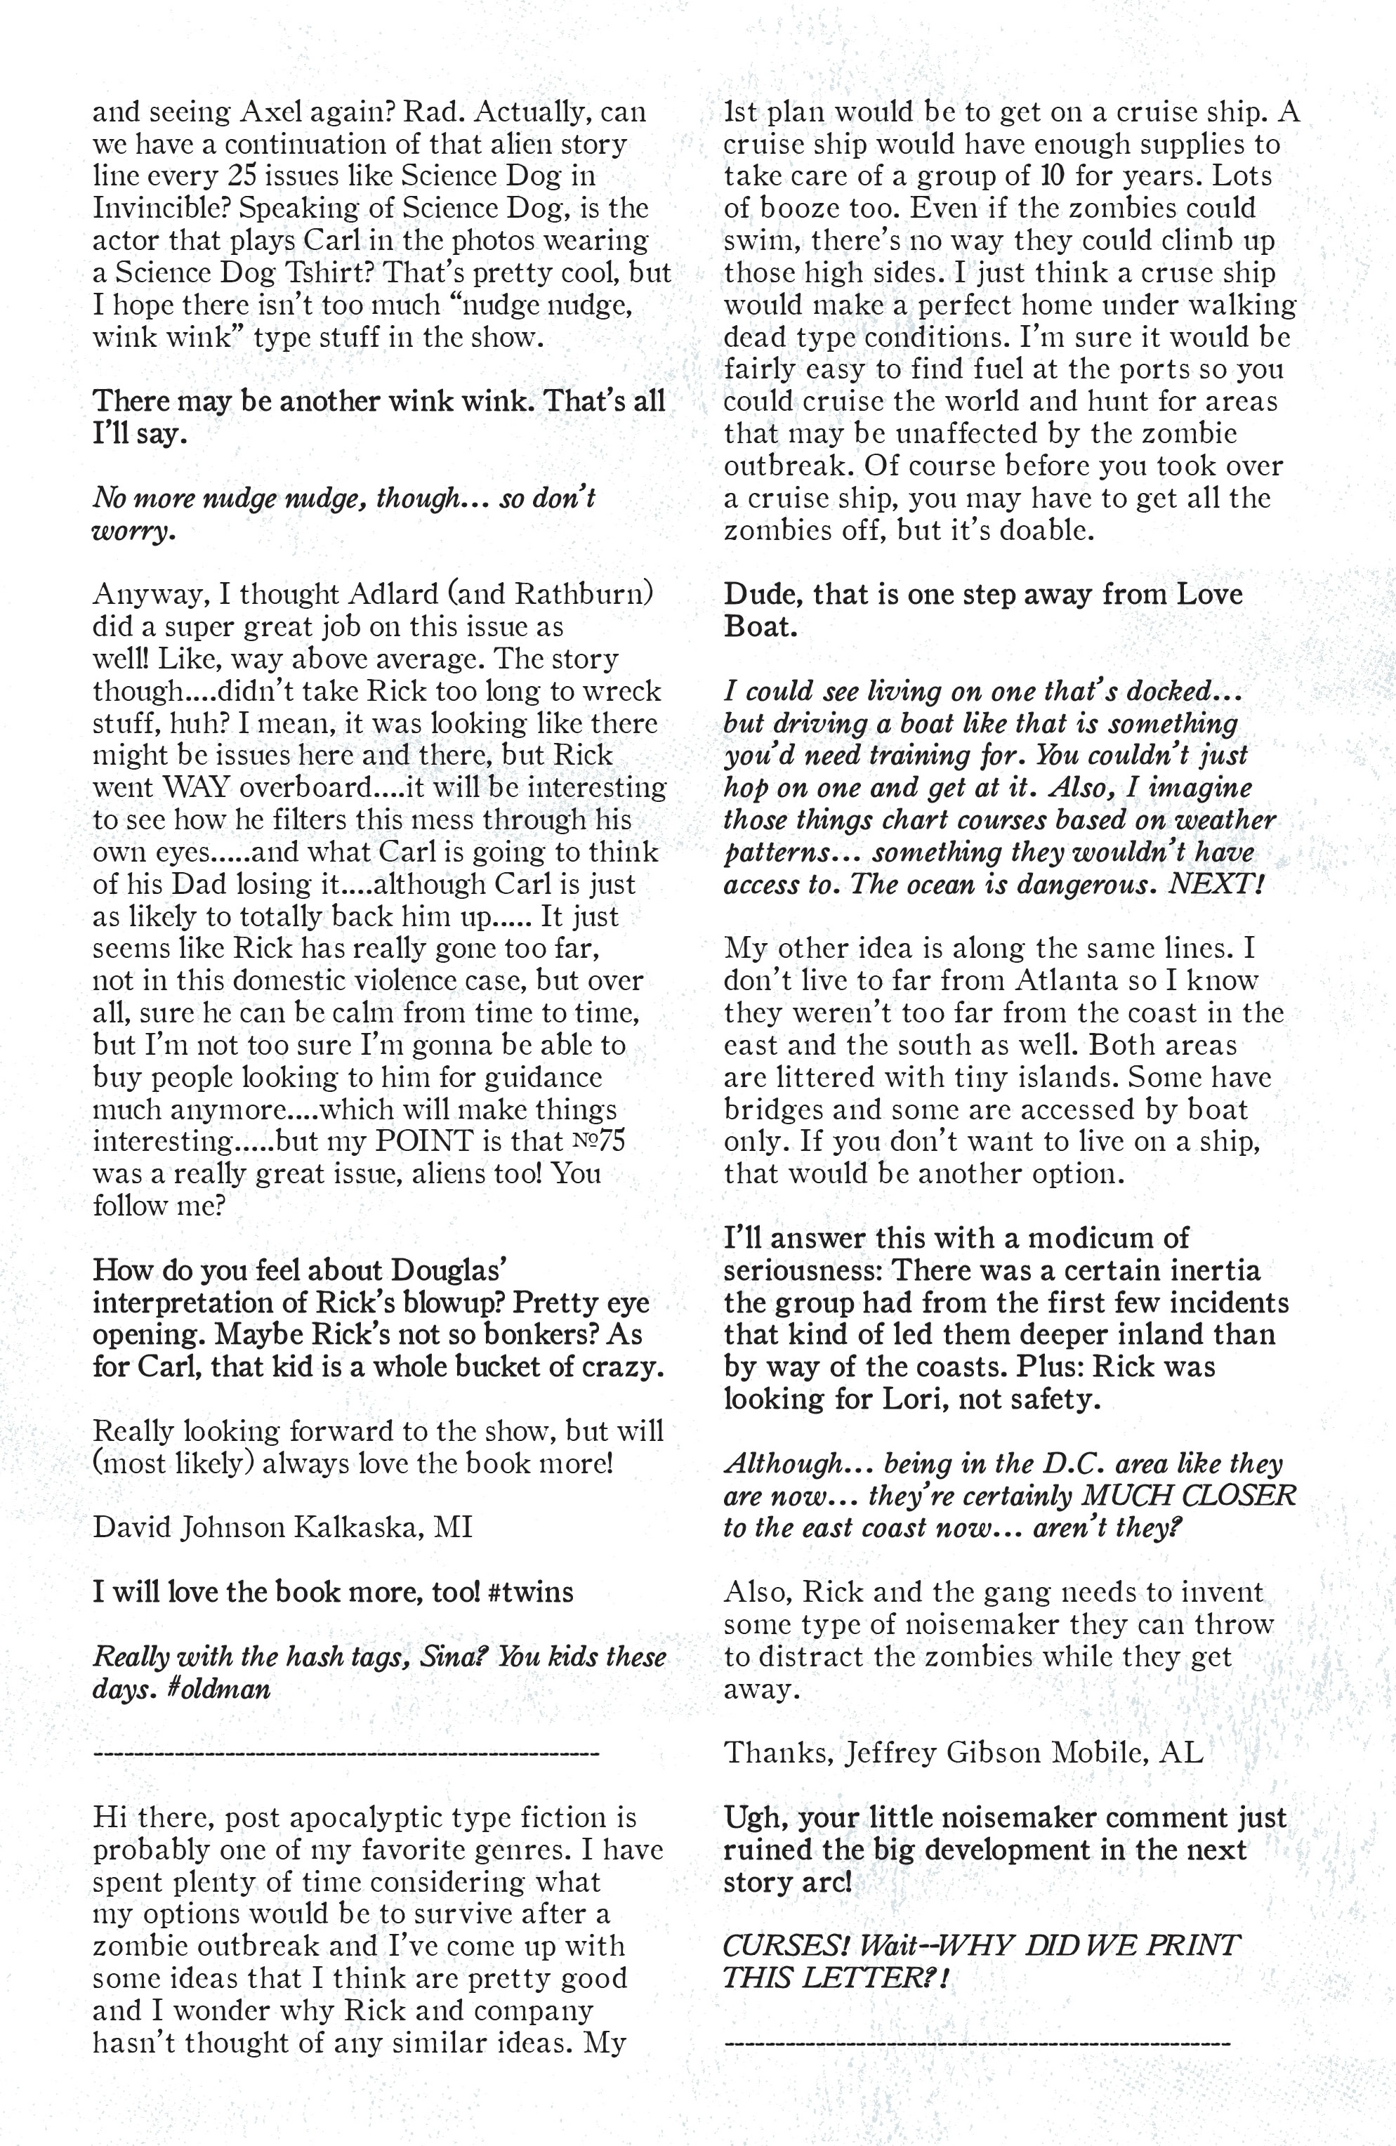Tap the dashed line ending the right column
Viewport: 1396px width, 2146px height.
coord(977,2043)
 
